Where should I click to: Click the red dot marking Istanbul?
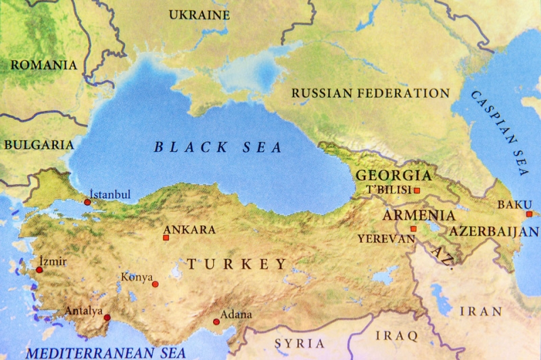click(x=87, y=202)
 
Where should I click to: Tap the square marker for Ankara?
click(x=166, y=238)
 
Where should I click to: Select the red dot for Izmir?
click(x=39, y=270)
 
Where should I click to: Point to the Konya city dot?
click(x=155, y=284)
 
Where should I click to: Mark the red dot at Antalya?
click(x=107, y=317)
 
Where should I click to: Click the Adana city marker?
click(x=216, y=322)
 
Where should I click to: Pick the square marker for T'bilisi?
click(x=417, y=191)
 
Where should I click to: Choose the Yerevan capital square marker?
click(x=413, y=229)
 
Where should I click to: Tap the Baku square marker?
click(x=529, y=214)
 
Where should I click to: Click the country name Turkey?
click(x=237, y=264)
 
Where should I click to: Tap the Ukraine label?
click(x=198, y=14)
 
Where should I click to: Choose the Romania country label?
click(x=43, y=66)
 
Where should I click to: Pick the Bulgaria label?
click(x=38, y=144)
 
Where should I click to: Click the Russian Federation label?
click(x=371, y=93)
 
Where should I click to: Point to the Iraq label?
click(x=398, y=335)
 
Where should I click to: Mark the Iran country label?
click(x=481, y=311)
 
